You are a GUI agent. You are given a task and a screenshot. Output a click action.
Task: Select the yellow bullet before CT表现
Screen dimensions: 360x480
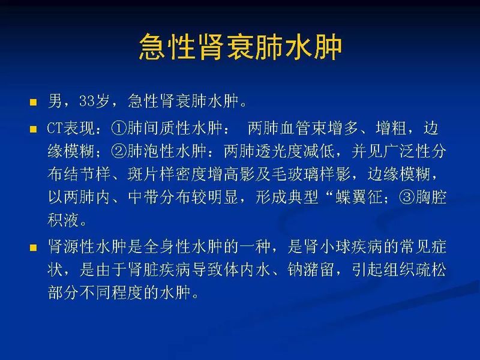pos(34,128)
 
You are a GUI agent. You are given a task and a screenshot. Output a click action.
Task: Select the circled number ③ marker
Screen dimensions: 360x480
pos(401,198)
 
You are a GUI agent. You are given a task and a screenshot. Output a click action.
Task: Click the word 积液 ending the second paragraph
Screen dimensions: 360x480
pos(64,221)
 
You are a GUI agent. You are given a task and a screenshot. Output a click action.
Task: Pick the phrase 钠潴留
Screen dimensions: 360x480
pos(285,271)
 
